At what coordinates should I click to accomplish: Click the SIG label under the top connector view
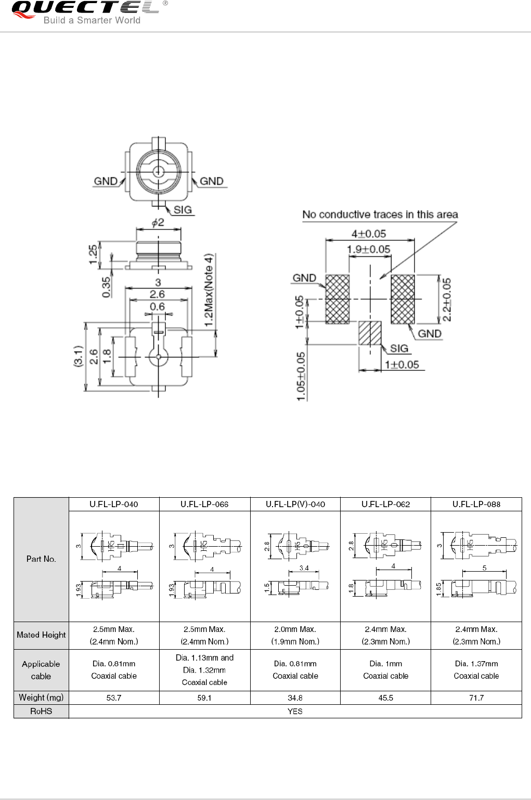point(183,210)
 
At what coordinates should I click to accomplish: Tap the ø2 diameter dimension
point(158,223)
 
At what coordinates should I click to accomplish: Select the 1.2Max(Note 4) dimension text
point(209,290)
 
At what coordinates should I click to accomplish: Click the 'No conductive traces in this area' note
point(380,214)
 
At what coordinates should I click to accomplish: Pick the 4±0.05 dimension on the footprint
point(368,234)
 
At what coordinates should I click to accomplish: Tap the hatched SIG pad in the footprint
point(370,333)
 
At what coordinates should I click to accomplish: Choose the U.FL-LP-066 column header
point(204,504)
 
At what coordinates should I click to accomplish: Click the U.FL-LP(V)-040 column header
point(295,504)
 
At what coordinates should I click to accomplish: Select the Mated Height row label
point(41,635)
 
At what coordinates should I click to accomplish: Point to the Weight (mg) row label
point(41,698)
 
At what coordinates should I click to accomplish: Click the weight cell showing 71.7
point(476,698)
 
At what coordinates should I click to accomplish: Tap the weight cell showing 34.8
point(295,698)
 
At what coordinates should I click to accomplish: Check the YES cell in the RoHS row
point(295,711)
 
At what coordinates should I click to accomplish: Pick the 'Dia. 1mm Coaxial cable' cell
point(385,670)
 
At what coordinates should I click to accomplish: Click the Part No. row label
point(41,559)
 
